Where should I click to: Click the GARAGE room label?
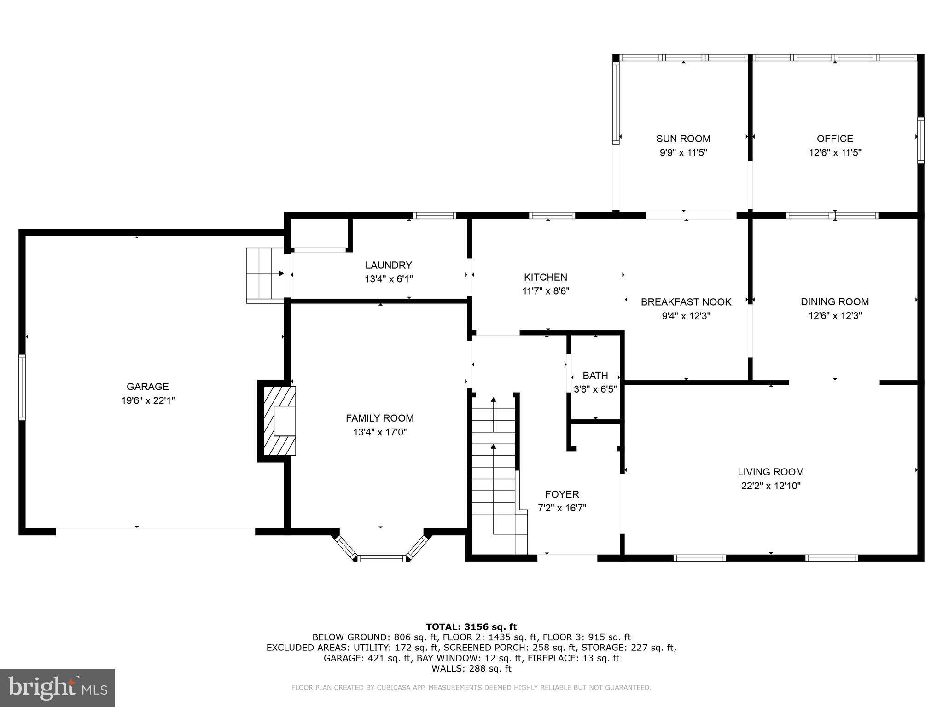147,387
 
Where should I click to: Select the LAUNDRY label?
388,265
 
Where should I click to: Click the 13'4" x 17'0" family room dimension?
380,432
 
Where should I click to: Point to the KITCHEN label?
545,277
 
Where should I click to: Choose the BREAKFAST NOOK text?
686,302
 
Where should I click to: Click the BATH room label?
595,376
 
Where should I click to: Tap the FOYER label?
562,494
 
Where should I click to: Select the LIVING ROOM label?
770,472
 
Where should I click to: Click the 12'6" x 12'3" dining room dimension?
835,316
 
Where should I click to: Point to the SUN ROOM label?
683,139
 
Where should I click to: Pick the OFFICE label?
834,139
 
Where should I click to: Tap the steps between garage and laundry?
264,275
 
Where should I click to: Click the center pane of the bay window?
382,558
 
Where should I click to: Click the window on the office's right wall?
920,140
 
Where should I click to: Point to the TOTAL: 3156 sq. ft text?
471,626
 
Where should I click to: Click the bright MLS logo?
58,688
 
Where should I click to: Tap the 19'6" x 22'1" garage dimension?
147,401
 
